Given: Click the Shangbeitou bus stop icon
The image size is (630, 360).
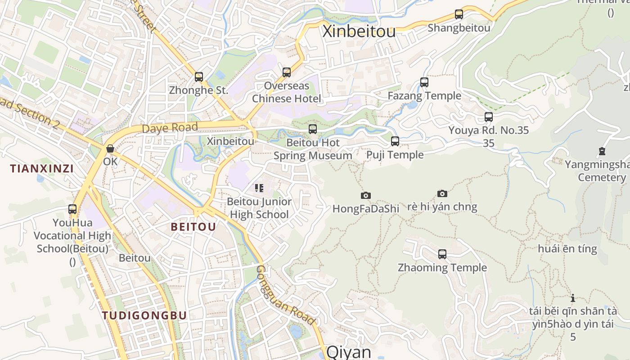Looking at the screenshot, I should coord(459,14).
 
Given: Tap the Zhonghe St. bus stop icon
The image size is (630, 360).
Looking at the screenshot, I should coord(199,77).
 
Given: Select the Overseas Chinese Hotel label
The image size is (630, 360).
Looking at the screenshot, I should coord(287,92).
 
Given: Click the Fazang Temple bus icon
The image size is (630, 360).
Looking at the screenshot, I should coord(424,82).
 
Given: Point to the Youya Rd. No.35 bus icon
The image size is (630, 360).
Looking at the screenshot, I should coord(489,117).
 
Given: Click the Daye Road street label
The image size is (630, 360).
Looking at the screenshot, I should coord(170,128).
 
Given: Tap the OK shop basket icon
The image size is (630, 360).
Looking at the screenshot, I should coord(110,148).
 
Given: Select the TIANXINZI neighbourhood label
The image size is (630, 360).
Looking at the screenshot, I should coord(42,169).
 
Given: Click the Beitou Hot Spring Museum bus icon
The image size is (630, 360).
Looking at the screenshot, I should coord(313,129).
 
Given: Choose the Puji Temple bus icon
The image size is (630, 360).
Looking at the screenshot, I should coord(395,141).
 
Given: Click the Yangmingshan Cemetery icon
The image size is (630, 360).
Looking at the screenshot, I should coord(602,151).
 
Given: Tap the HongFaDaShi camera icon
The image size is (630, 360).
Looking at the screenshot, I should coord(366,195).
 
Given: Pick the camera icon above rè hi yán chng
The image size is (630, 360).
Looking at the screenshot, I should coord(442,193).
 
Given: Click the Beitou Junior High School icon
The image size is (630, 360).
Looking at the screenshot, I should coord(259,188).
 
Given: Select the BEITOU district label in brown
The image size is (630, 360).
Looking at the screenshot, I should coord(193,227).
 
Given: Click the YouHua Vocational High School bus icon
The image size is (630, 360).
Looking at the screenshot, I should coord(72,209).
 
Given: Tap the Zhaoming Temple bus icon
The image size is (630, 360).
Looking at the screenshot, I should coord(442,254).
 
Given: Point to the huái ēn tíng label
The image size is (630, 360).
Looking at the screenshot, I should coord(567,249).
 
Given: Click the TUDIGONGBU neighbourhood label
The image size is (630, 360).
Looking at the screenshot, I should coord(144,315).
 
